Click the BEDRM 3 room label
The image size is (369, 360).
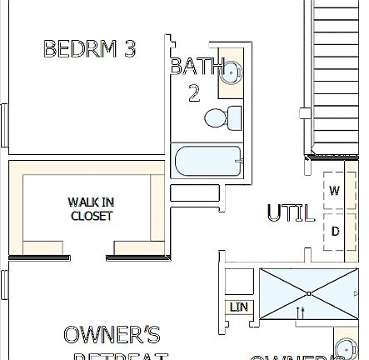(x=89, y=48)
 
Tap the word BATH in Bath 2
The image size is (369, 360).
(x=197, y=67)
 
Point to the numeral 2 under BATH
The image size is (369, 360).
(x=194, y=92)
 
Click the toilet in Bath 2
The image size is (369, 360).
(x=223, y=117)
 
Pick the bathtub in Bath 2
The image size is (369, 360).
(x=207, y=161)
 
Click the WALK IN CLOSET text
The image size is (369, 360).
(x=91, y=208)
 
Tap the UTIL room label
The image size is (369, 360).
(x=291, y=213)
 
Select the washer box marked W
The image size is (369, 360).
(x=334, y=191)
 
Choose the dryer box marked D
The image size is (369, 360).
(x=334, y=231)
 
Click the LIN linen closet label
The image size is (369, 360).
(x=239, y=308)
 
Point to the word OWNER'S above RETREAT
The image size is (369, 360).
(x=112, y=336)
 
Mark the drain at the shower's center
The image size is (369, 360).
(x=309, y=293)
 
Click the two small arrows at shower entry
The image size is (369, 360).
(x=302, y=312)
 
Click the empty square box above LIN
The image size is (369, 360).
(x=240, y=281)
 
